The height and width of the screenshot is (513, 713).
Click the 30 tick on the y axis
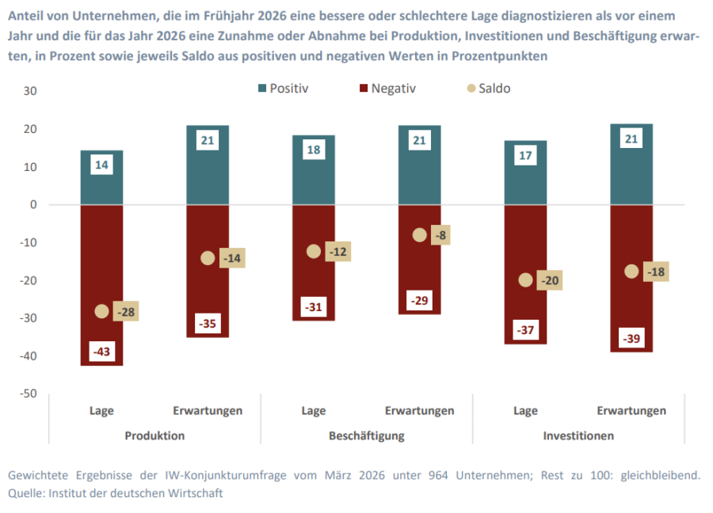click(31, 91)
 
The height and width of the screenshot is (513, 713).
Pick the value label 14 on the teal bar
click(101, 165)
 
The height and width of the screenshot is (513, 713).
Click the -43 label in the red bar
click(101, 351)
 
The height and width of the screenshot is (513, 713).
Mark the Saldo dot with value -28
click(101, 311)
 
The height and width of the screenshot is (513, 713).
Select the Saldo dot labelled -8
click(420, 235)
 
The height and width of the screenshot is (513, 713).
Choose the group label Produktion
click(154, 435)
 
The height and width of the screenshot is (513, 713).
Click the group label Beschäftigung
click(367, 435)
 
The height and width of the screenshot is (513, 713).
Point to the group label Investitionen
click(578, 435)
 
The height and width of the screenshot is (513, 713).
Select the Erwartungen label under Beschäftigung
click(420, 411)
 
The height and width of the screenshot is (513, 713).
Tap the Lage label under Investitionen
click(525, 411)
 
